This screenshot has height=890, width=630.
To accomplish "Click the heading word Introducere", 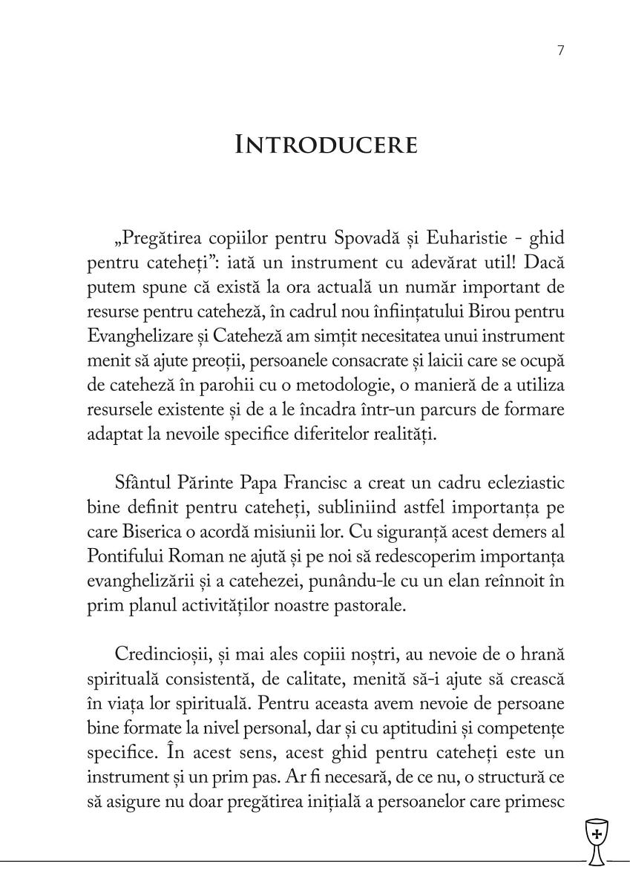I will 326,145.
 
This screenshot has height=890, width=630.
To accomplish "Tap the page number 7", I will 560,50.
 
